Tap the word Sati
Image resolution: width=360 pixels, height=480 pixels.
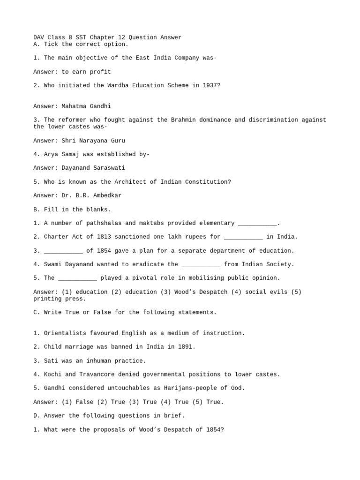point(51,361)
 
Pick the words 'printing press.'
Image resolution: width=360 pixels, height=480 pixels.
point(60,299)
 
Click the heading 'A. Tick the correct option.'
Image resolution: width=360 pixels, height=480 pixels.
point(81,44)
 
